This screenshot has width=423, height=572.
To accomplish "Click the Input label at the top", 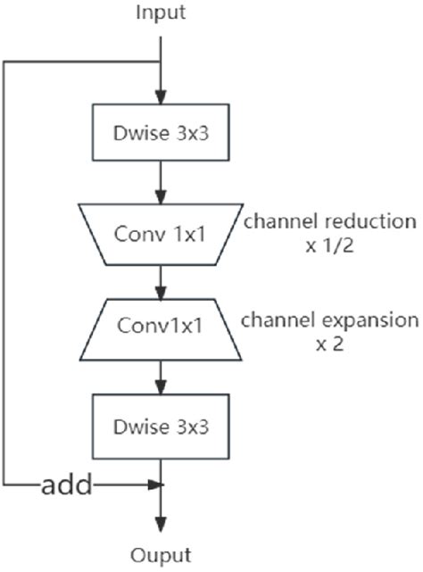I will tap(161, 12).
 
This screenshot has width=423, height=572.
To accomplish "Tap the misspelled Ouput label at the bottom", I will tap(161, 555).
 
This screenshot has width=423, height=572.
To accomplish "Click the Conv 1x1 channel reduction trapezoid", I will tap(161, 234).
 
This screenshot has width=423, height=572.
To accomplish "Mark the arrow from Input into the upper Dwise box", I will tap(161, 85).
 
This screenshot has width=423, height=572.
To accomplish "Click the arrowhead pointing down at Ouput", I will tap(161, 526).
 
